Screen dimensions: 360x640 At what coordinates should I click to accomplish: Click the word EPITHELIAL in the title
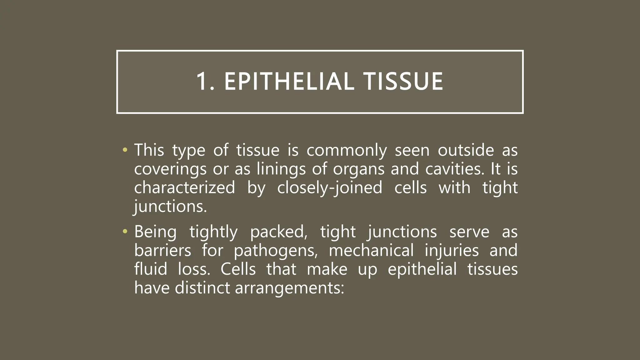click(x=289, y=82)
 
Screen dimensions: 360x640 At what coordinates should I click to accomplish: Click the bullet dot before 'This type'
click(x=125, y=150)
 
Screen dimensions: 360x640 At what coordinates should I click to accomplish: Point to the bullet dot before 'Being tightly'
click(x=125, y=232)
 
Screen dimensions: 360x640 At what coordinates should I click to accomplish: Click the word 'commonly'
click(x=347, y=151)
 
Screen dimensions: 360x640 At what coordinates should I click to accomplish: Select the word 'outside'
click(x=466, y=150)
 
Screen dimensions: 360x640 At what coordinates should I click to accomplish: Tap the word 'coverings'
click(x=170, y=169)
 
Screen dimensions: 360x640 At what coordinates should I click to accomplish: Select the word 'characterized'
click(x=184, y=187)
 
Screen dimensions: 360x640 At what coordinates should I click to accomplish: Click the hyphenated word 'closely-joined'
click(x=330, y=188)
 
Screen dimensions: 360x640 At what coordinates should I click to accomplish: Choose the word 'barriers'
click(x=162, y=250)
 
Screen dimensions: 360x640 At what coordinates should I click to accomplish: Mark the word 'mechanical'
click(x=371, y=250)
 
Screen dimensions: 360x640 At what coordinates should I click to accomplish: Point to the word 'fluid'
click(x=151, y=269)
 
